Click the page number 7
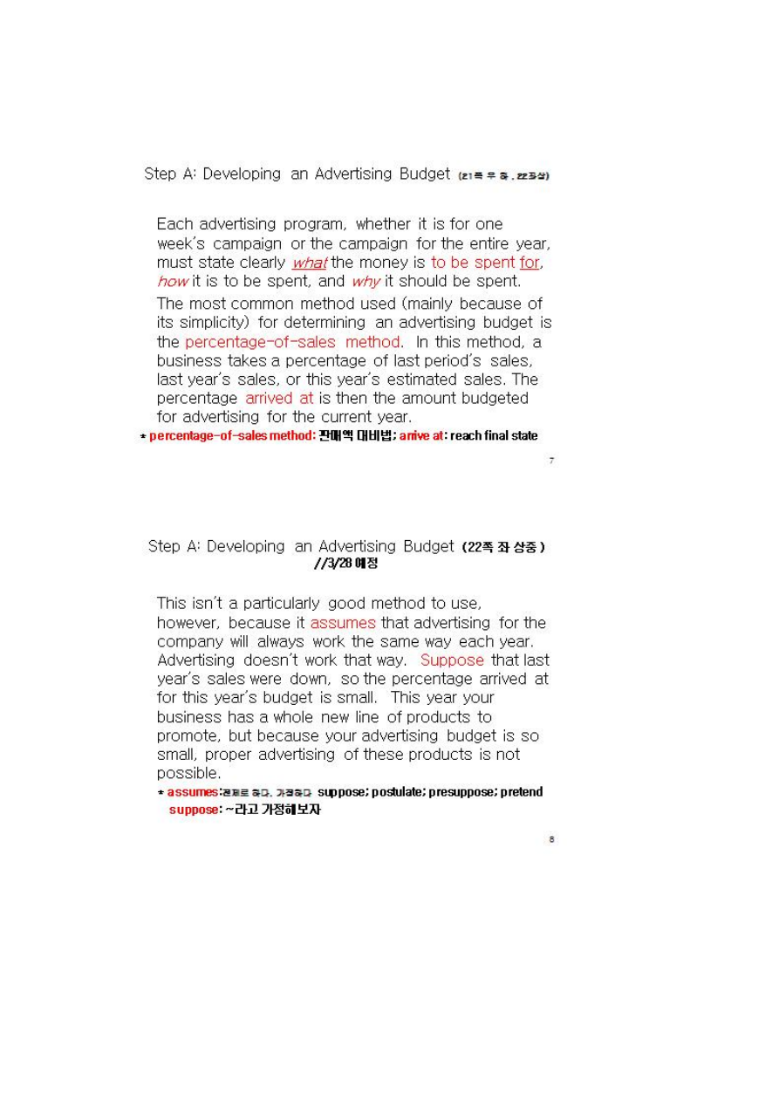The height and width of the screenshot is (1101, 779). pos(551,461)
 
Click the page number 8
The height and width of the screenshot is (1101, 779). pos(551,839)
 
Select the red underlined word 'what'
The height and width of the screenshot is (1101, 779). pos(309,263)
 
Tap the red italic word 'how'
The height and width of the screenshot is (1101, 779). pos(173,281)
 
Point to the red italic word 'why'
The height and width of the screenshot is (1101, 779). pos(366,281)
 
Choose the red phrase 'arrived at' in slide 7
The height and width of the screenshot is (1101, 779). pos(279,398)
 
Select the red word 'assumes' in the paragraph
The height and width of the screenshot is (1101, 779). pos(343,623)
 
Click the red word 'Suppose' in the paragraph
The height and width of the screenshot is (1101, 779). pos(452,660)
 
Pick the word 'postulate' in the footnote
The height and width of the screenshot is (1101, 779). pos(400,792)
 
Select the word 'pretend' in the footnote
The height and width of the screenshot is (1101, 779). pos(522,792)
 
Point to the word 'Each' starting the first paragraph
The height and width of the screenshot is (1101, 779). pos(174,224)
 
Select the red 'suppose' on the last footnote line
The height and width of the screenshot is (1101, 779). pos(194,810)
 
